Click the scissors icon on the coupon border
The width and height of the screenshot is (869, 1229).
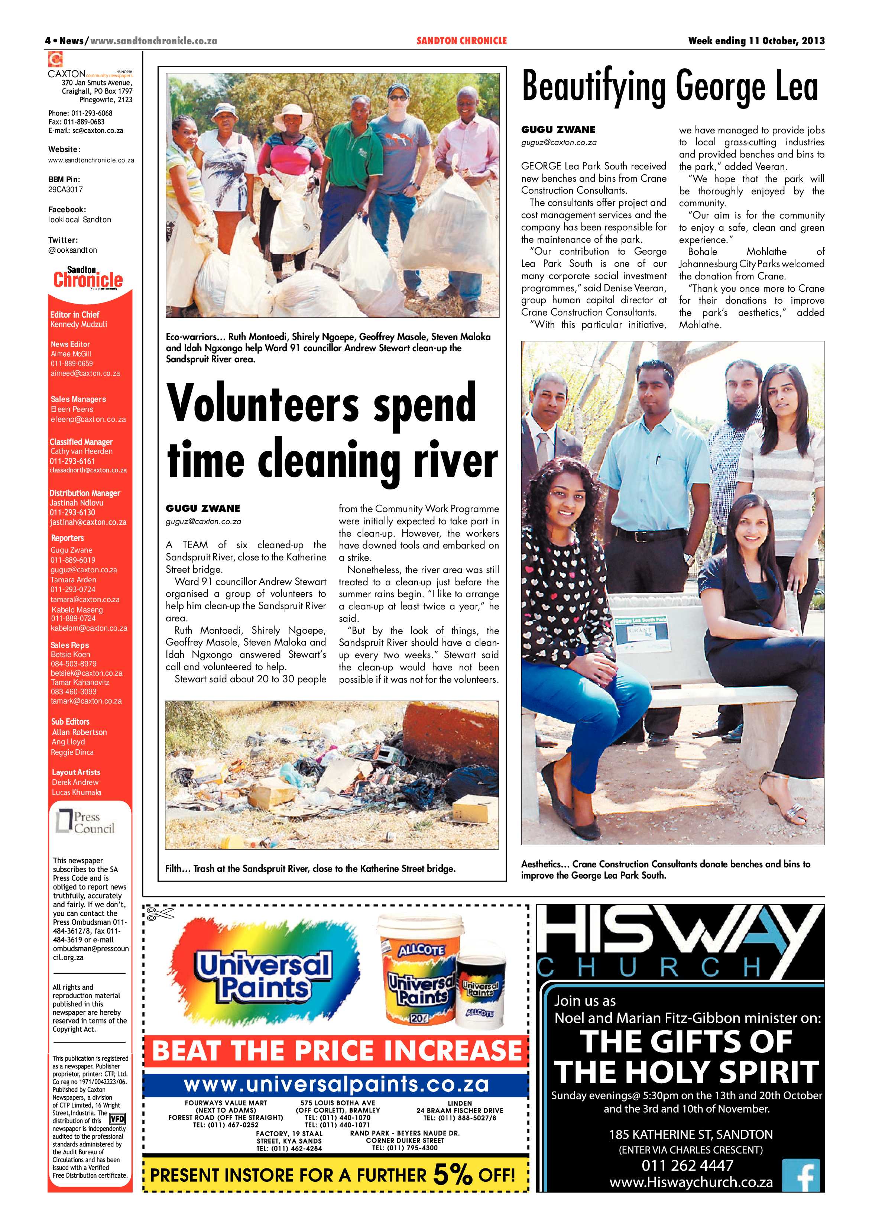(160, 914)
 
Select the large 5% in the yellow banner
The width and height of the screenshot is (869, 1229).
(453, 1175)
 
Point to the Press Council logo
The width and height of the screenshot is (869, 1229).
(85, 823)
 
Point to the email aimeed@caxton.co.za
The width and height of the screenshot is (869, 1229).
(85, 373)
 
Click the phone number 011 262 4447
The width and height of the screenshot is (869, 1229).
(687, 1165)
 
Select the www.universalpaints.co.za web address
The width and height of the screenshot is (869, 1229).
(336, 1084)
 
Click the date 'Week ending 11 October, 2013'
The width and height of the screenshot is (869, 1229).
(756, 41)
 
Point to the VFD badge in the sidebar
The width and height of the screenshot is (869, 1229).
(117, 1119)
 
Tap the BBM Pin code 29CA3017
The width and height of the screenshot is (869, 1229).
(65, 190)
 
